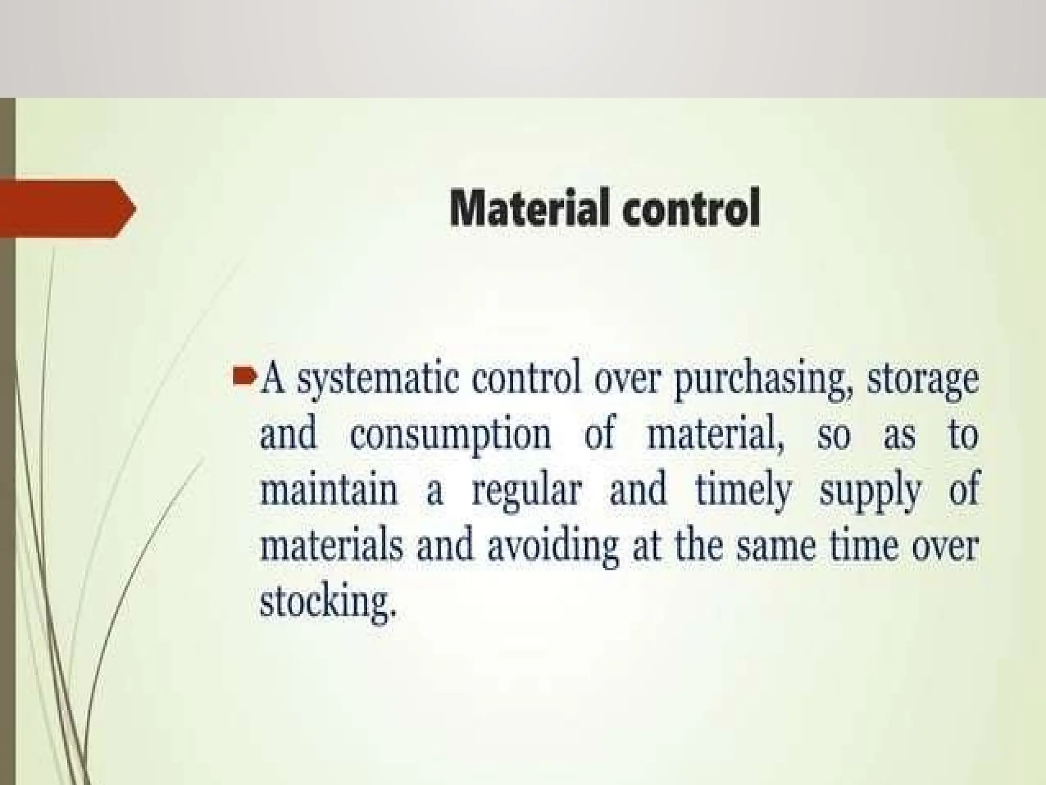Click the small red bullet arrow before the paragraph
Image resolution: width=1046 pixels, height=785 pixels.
tap(244, 378)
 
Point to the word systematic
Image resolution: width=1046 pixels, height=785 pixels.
tap(378, 381)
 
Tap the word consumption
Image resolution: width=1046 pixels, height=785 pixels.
tap(450, 435)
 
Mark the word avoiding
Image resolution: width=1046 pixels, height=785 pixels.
tap(552, 547)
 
